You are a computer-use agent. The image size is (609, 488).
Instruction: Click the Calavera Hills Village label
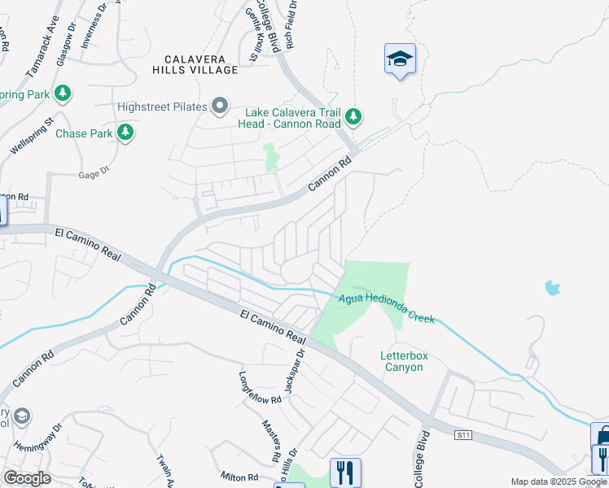(x=200, y=64)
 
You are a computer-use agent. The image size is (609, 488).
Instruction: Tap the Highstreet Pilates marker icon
(x=219, y=106)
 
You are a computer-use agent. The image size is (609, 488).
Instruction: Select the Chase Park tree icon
(x=125, y=132)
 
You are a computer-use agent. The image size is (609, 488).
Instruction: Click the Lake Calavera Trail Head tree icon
(x=353, y=117)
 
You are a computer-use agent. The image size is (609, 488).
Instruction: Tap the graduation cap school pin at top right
(x=399, y=59)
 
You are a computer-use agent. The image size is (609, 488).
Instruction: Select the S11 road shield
(x=463, y=436)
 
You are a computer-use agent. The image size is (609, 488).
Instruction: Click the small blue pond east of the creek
(x=553, y=287)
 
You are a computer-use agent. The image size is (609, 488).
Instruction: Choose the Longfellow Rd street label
(x=260, y=388)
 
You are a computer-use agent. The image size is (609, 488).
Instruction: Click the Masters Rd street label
(x=270, y=437)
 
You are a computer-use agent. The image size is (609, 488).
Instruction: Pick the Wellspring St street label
(x=32, y=136)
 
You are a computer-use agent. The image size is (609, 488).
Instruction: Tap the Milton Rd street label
(x=239, y=476)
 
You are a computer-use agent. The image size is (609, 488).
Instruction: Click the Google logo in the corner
(x=27, y=478)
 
